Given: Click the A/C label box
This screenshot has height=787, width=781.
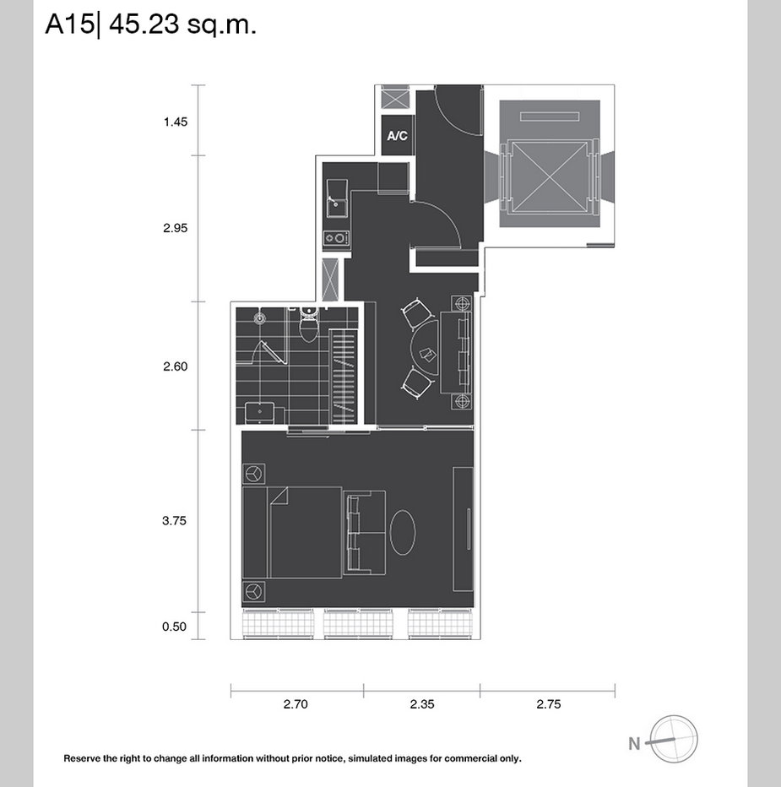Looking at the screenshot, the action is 398,135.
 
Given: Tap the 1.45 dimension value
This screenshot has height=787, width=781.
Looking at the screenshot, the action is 175,122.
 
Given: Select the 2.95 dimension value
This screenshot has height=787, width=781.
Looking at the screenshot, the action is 175,228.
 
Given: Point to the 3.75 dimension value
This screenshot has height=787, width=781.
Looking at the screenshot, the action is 174,520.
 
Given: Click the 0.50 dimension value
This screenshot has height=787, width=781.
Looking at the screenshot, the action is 174,627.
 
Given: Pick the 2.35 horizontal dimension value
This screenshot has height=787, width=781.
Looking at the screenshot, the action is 422,704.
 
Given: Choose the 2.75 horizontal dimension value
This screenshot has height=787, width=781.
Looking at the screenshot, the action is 549,704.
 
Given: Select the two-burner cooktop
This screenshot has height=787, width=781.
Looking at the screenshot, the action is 337,238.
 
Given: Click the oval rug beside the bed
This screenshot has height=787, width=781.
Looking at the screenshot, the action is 403,532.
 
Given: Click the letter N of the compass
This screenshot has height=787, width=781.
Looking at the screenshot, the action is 634,743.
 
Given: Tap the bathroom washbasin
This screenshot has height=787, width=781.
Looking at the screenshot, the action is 259,413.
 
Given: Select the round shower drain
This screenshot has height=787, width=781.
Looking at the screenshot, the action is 259,318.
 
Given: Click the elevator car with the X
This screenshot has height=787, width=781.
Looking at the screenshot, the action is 550,176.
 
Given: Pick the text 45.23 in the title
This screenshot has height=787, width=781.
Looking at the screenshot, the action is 144,24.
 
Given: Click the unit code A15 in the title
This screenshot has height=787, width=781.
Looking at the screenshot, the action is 69,24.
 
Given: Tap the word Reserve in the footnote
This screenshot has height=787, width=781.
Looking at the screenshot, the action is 82,758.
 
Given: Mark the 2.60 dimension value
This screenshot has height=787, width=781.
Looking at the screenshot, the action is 175,366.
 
